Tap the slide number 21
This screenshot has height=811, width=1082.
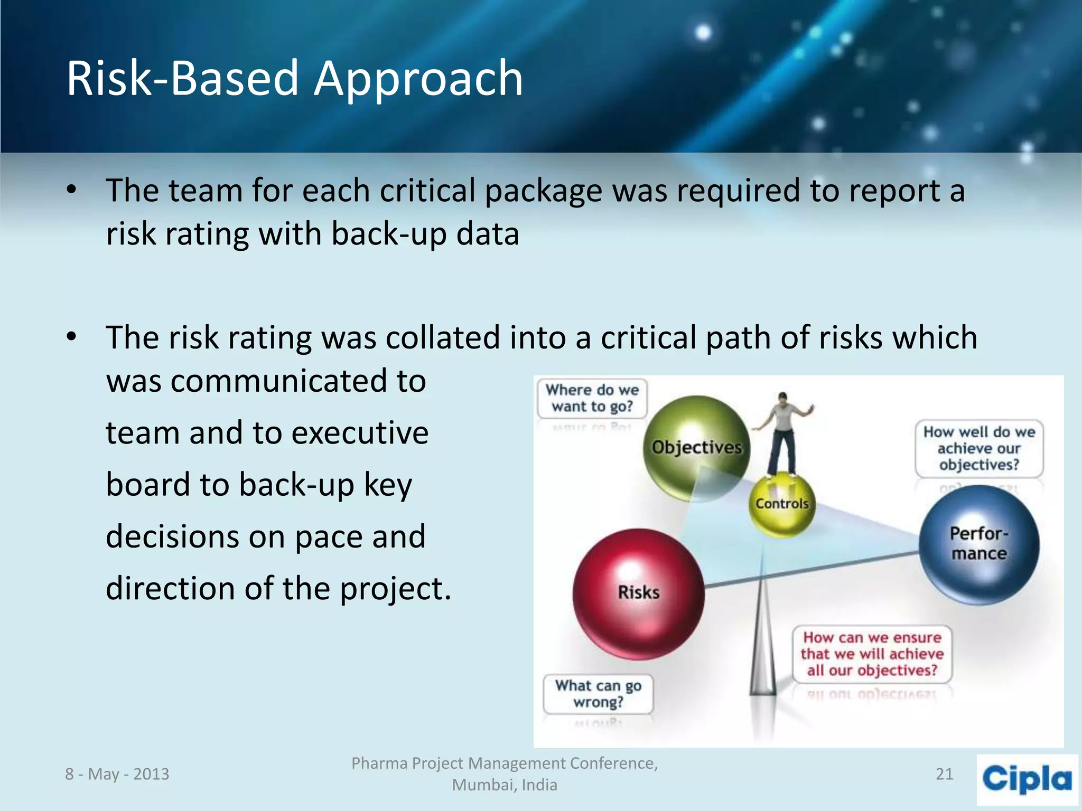[944, 774]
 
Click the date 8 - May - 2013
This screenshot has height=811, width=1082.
[117, 774]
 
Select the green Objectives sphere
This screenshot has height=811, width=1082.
[696, 448]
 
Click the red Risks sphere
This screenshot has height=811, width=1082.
[638, 593]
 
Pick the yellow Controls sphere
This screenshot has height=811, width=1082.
[782, 504]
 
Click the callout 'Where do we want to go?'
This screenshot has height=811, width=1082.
[592, 399]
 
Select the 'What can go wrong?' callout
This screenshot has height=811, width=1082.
[598, 694]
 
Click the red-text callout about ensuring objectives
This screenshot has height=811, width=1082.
[872, 654]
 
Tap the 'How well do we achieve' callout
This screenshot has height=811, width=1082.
[979, 448]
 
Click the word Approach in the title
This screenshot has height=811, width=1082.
[418, 79]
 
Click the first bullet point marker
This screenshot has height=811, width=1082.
[72, 190]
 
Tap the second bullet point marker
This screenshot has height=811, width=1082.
[72, 336]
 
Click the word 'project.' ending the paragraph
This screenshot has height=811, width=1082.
[395, 588]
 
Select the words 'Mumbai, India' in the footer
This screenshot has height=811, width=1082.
[505, 785]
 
